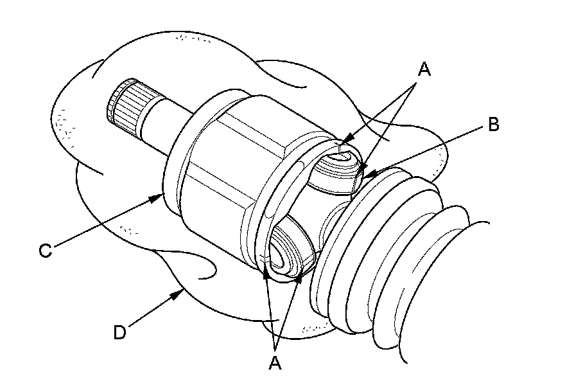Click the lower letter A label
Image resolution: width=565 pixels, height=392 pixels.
[275, 363]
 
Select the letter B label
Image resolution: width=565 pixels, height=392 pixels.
[493, 125]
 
